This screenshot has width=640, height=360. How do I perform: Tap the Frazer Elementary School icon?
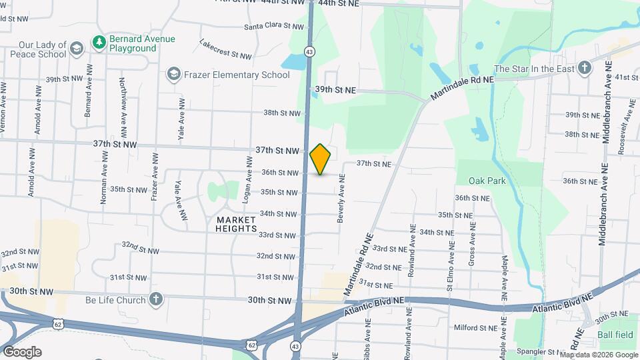click(x=174, y=74)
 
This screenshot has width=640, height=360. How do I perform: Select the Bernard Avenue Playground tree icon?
click(x=99, y=43)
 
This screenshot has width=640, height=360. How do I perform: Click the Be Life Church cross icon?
click(x=156, y=299)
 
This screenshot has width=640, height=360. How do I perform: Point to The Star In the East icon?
click(x=584, y=69)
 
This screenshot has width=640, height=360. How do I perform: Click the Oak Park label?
click(x=487, y=180)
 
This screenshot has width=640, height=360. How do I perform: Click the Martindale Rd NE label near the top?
click(x=461, y=88)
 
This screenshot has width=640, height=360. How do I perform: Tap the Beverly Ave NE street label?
click(x=341, y=198)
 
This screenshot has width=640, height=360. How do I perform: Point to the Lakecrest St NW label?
click(x=225, y=49)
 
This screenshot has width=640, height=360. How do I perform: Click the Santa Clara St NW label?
click(x=273, y=27)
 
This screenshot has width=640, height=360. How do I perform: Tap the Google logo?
click(x=22, y=351)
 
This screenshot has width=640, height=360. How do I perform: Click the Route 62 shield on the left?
click(x=57, y=323)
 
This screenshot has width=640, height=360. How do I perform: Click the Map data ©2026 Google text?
click(x=598, y=355)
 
